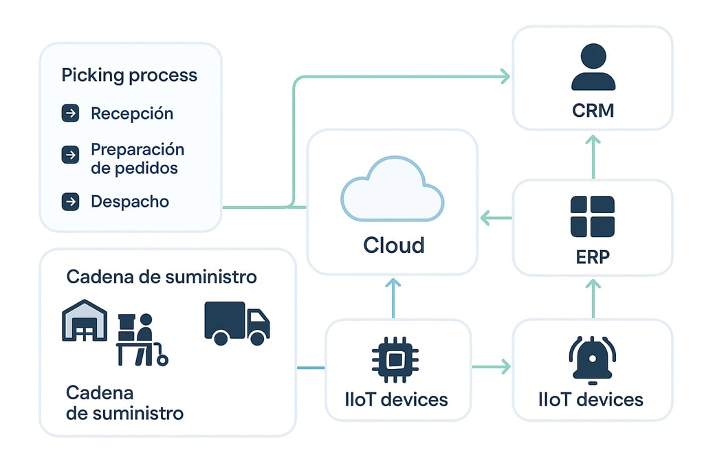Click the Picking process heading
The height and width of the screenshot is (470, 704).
[129, 75]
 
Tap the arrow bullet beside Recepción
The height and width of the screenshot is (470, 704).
[70, 113]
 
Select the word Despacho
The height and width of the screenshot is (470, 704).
[130, 201]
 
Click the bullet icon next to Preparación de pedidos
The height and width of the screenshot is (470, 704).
[70, 155]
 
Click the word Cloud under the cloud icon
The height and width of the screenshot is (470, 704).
[393, 245]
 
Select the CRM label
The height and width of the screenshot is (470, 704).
[593, 110]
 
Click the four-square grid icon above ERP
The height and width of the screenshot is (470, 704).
[593, 216]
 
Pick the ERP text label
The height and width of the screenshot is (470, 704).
[593, 257]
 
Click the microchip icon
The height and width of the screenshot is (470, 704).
[395, 359]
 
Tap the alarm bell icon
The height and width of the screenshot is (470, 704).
[593, 359]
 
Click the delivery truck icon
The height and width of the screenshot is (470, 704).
[236, 323]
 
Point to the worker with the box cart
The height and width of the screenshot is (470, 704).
[140, 339]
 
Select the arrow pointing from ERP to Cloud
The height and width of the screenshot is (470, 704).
[496, 219]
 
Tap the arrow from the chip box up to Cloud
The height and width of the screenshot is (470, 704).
[393, 298]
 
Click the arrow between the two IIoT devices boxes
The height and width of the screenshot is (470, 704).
[492, 366]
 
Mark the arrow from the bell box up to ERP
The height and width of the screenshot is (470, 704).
[593, 298]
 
